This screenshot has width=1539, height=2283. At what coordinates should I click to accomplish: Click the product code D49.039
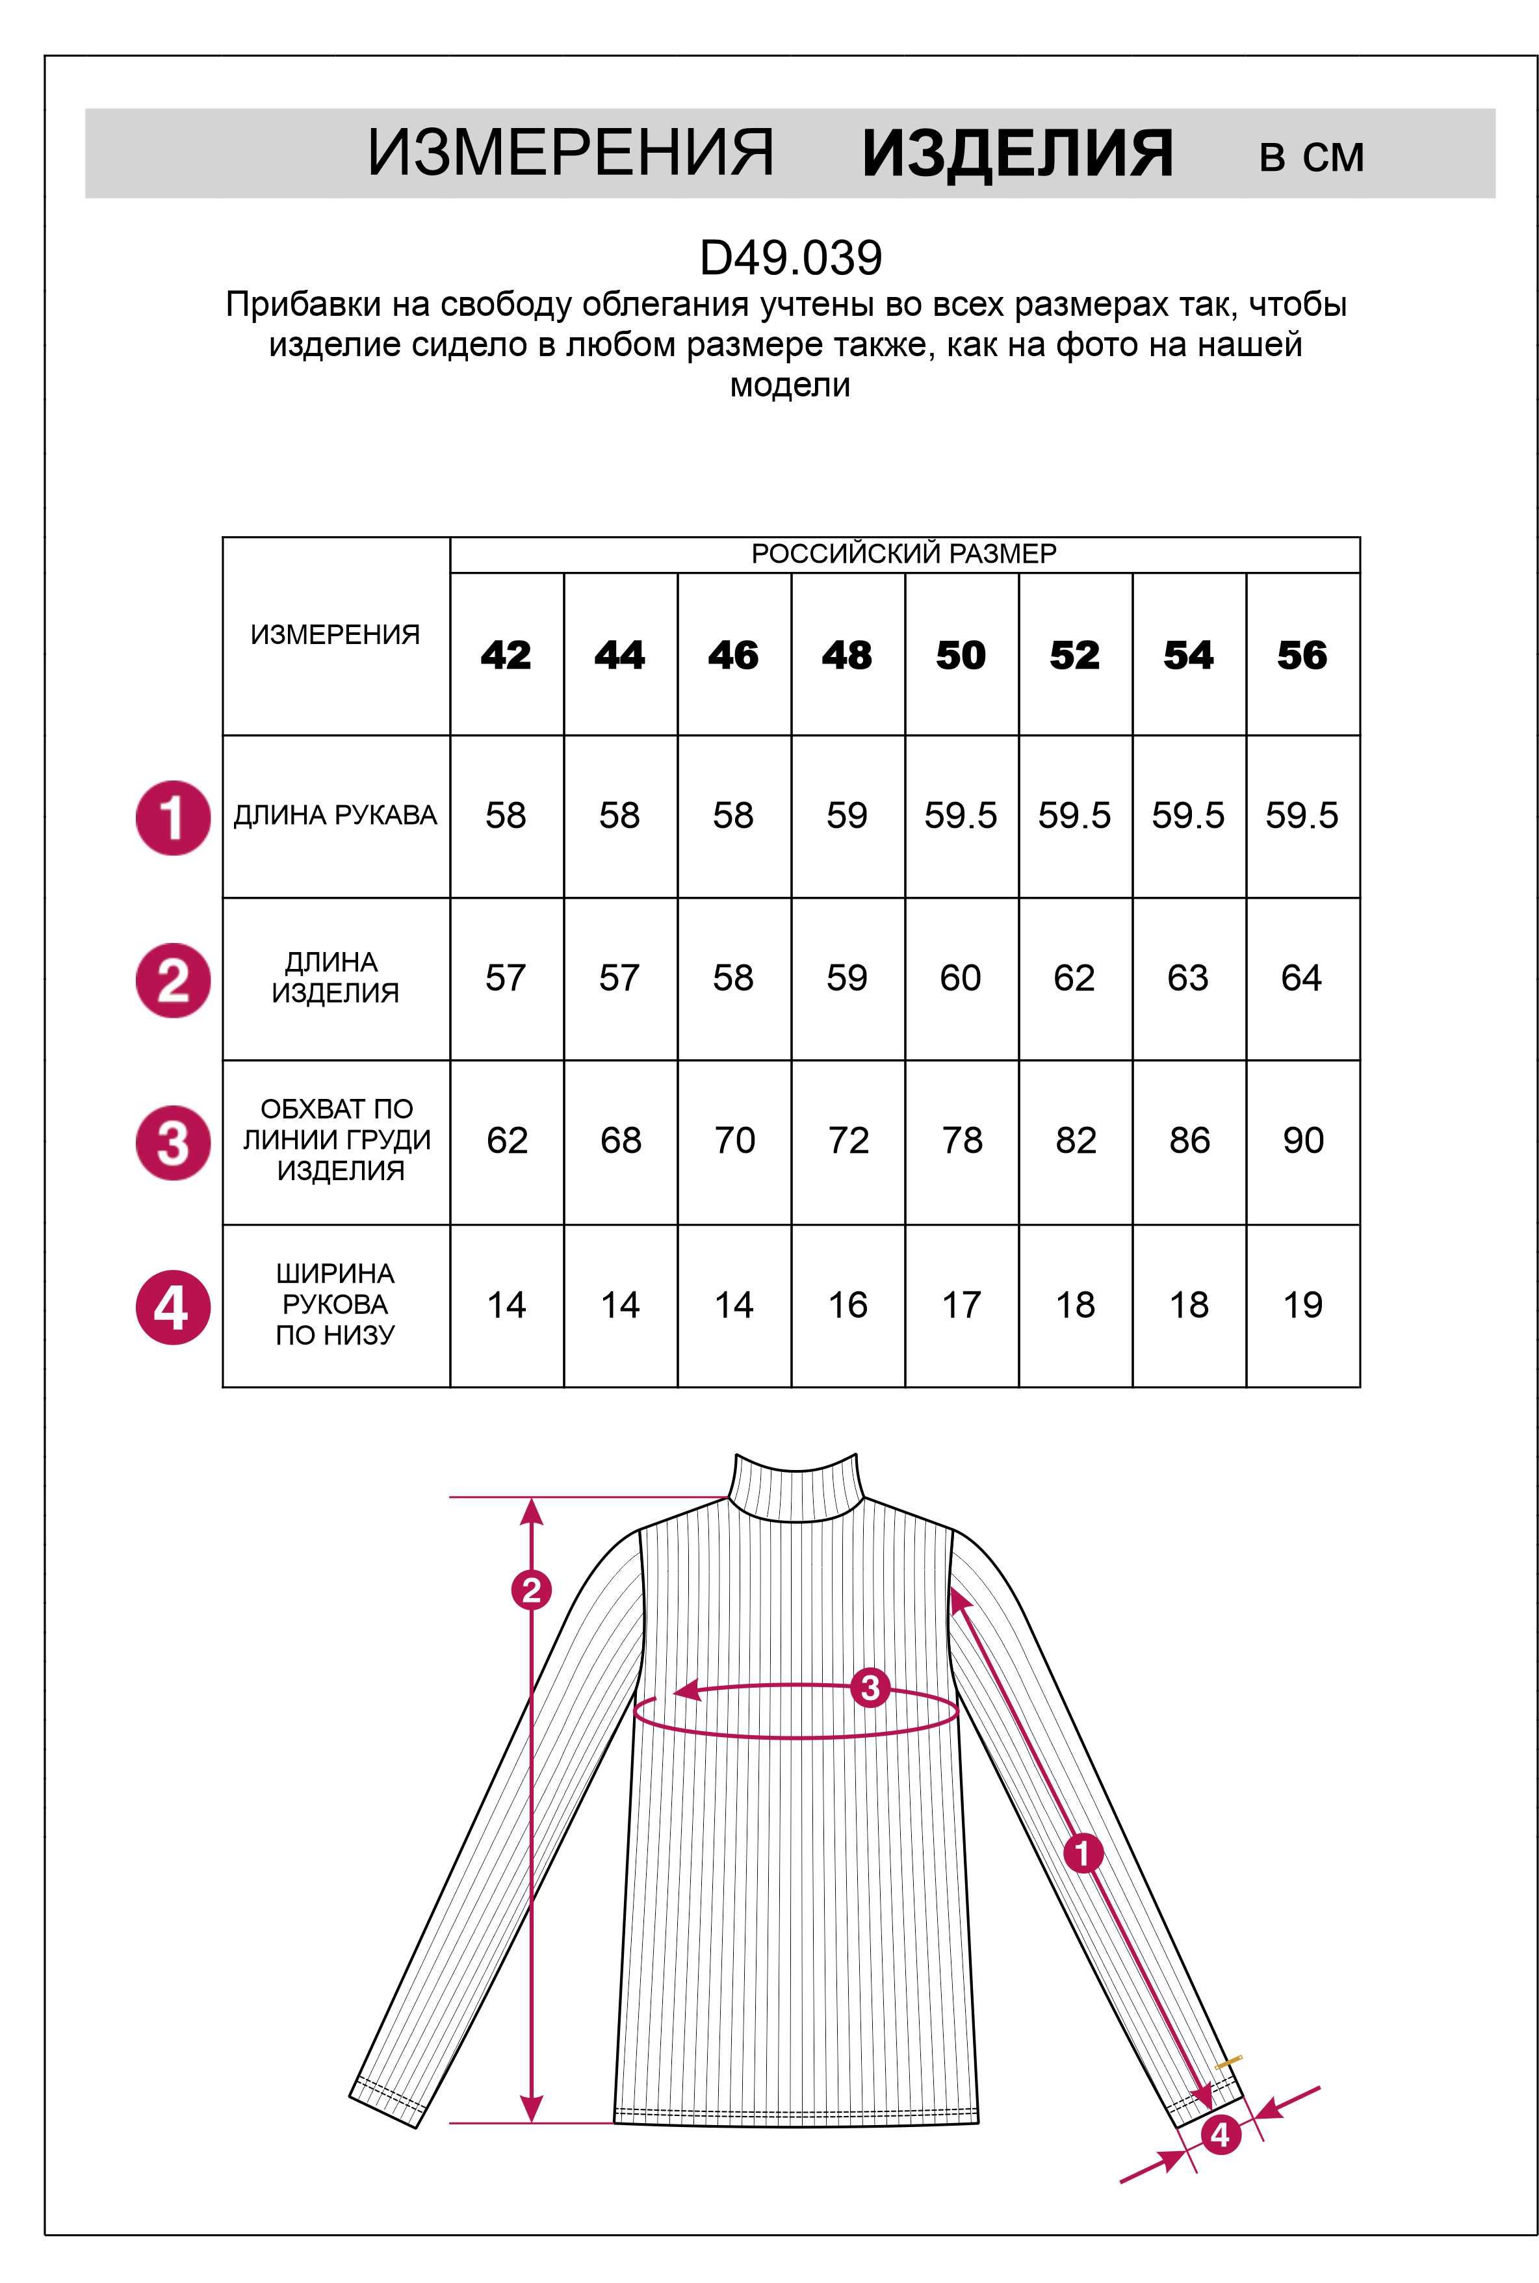pos(790,258)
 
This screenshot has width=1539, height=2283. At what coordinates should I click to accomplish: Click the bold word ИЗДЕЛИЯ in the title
pos(1017,154)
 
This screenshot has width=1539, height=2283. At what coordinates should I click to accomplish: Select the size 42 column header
pos(506,654)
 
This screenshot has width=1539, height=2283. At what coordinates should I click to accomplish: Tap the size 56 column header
pos(1302,654)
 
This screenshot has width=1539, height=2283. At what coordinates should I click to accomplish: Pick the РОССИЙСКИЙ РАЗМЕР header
pos(904,554)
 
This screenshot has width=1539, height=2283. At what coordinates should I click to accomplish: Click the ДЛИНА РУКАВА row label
pos(335,815)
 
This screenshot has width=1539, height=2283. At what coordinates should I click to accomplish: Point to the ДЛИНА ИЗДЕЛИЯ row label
pos(335,977)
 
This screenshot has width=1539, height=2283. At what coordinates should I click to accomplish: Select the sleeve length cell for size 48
pos(847,815)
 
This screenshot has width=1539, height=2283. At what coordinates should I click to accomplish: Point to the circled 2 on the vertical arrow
pos(531,1589)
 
